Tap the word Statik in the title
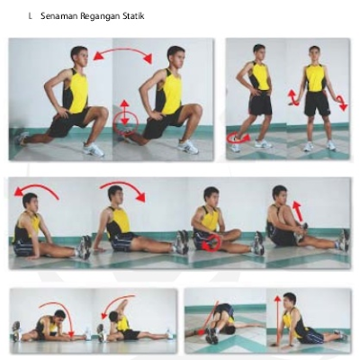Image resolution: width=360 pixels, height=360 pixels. coord(133,15)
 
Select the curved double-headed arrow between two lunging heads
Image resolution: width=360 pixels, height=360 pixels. coord(122,51)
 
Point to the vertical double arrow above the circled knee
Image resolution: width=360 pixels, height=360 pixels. coord(125,112)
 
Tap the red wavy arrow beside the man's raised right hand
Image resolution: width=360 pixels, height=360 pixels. coord(293,97)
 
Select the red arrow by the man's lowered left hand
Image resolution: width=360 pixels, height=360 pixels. coord(342,103)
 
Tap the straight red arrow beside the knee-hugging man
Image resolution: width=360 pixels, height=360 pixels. coord(297,211)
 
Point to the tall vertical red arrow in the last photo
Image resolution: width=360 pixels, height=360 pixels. coord(278,319)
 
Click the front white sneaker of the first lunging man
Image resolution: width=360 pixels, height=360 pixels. coord(94,149)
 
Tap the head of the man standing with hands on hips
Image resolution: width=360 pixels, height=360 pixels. coord(259,52)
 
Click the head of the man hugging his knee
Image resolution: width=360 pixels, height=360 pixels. coord(280,194)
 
